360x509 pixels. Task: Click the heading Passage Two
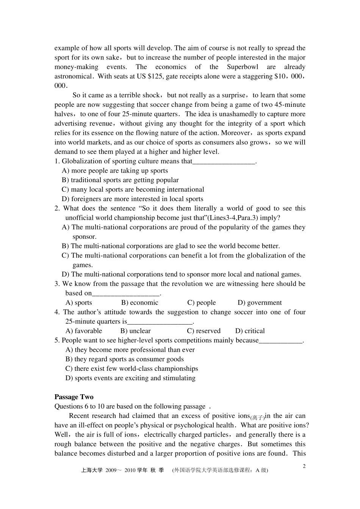tap(74, 397)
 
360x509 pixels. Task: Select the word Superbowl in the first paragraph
tap(243, 67)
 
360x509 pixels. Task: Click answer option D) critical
tap(250, 331)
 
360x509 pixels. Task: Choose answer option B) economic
tap(140, 303)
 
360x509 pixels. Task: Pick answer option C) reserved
tap(204, 331)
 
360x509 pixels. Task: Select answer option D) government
tap(260, 303)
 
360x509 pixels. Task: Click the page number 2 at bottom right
tap(304, 466)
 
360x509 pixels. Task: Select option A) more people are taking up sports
tap(115, 171)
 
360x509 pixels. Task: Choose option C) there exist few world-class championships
tap(131, 368)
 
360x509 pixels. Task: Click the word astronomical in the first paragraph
tap(73, 77)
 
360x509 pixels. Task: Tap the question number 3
tap(57, 284)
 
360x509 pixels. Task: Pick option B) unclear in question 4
tap(135, 331)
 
